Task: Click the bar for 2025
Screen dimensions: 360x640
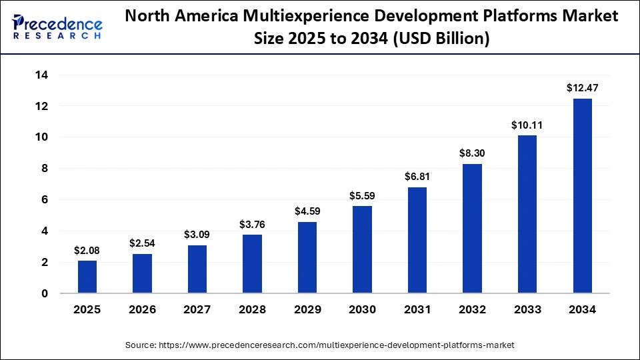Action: coord(87,277)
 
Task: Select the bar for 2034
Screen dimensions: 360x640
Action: coord(582,196)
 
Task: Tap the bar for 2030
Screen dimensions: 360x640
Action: coord(362,249)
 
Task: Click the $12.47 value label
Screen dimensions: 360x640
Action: coord(582,87)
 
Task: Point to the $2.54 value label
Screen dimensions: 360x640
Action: coord(142,243)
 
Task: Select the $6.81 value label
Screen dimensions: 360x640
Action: coord(417,177)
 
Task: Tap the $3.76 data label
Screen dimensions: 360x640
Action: coord(252,224)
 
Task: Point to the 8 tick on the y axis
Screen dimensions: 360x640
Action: coord(44,169)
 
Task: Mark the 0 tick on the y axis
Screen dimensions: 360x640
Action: coord(44,293)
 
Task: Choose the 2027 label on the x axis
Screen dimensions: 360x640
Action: coord(197,310)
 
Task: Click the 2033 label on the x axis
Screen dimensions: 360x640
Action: coord(527,310)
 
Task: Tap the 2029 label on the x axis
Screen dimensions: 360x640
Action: coord(307,310)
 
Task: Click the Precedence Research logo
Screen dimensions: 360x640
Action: coord(57,27)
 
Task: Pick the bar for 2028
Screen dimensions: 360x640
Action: coord(252,264)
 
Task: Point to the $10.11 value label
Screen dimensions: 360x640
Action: coord(527,125)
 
